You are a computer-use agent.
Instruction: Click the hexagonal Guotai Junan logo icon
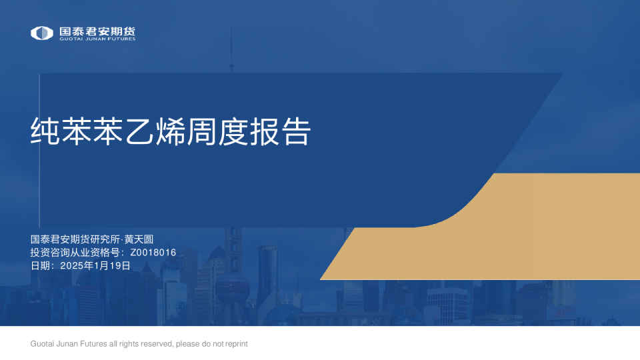pyautogui.click(x=42, y=33)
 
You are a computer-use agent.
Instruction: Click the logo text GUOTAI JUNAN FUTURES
pyautogui.click(x=97, y=39)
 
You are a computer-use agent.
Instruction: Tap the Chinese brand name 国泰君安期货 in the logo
pyautogui.click(x=97, y=31)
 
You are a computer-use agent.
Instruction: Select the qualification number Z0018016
pyautogui.click(x=153, y=253)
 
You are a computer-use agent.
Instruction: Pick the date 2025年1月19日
pyautogui.click(x=95, y=265)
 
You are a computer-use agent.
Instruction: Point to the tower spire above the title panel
pyautogui.click(x=231, y=50)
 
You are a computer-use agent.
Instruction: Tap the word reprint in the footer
pyautogui.click(x=235, y=344)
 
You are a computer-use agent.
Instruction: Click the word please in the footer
pyautogui.click(x=186, y=344)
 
